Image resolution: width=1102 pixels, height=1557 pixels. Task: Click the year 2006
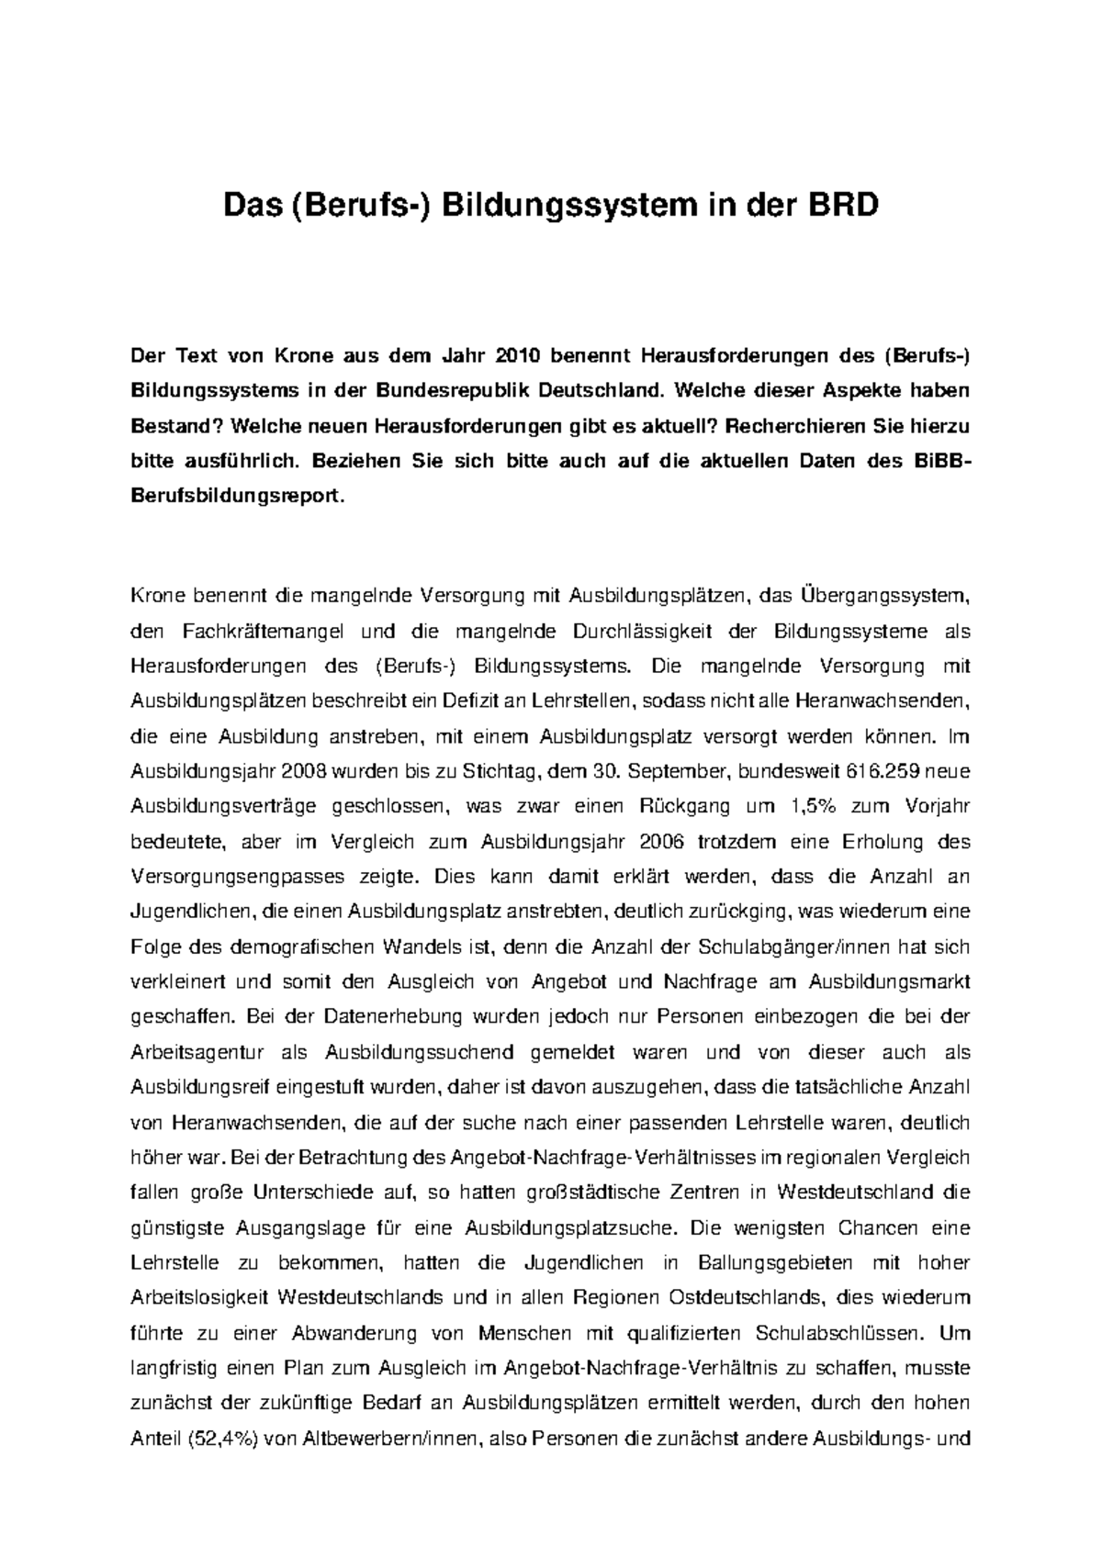(x=675, y=842)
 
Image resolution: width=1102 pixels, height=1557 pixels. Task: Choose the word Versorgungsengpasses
(x=231, y=877)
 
